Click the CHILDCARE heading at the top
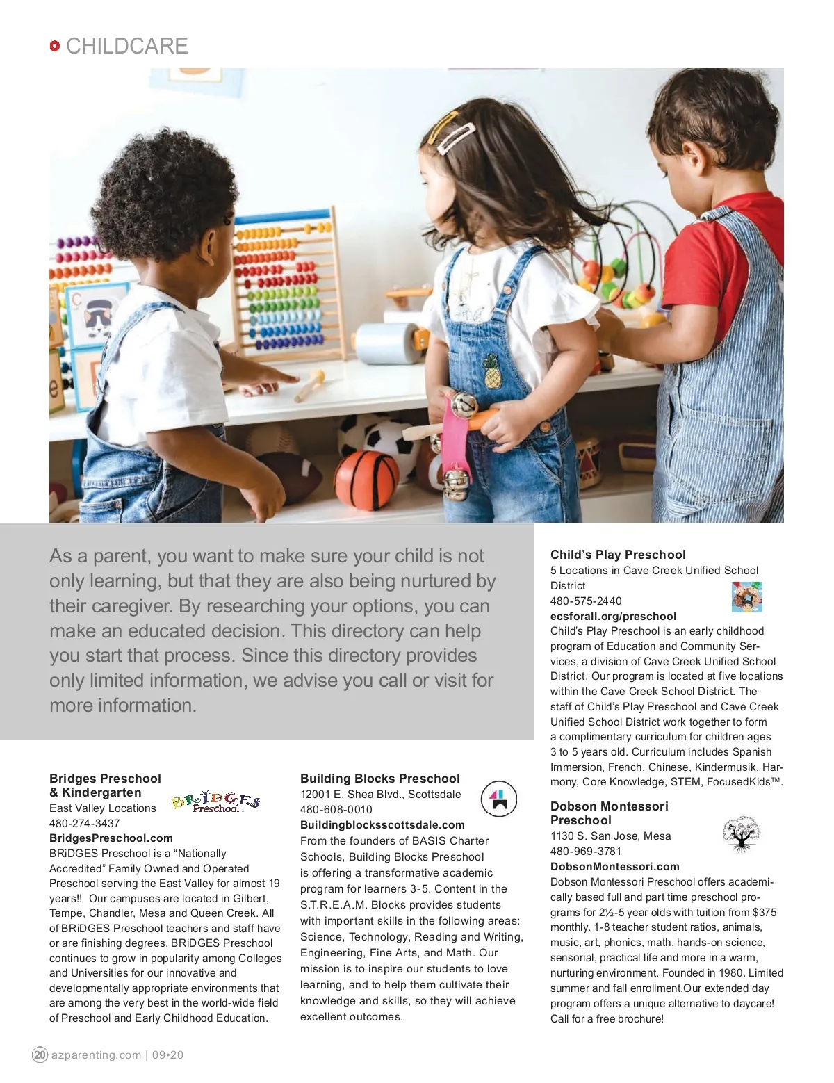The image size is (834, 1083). (126, 46)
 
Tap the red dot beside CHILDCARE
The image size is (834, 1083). (55, 46)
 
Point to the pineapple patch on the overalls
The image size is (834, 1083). (493, 370)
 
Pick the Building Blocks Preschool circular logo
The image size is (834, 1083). (499, 799)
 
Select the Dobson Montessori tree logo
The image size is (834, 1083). (742, 834)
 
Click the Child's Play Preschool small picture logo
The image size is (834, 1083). (747, 597)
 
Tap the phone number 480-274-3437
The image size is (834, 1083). (84, 823)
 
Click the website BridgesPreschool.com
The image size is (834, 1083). (111, 838)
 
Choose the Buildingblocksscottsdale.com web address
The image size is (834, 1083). (382, 825)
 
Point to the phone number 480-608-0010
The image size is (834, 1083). (336, 810)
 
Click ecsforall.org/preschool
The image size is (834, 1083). (613, 617)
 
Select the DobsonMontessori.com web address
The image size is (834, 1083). (615, 867)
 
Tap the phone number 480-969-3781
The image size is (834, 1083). (586, 852)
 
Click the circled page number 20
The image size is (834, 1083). (40, 1054)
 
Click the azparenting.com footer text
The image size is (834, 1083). (97, 1055)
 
